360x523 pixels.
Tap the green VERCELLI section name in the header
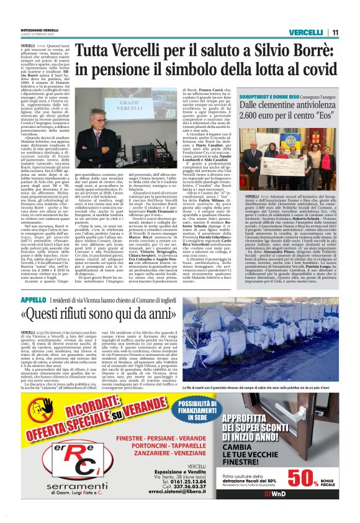[307, 32]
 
